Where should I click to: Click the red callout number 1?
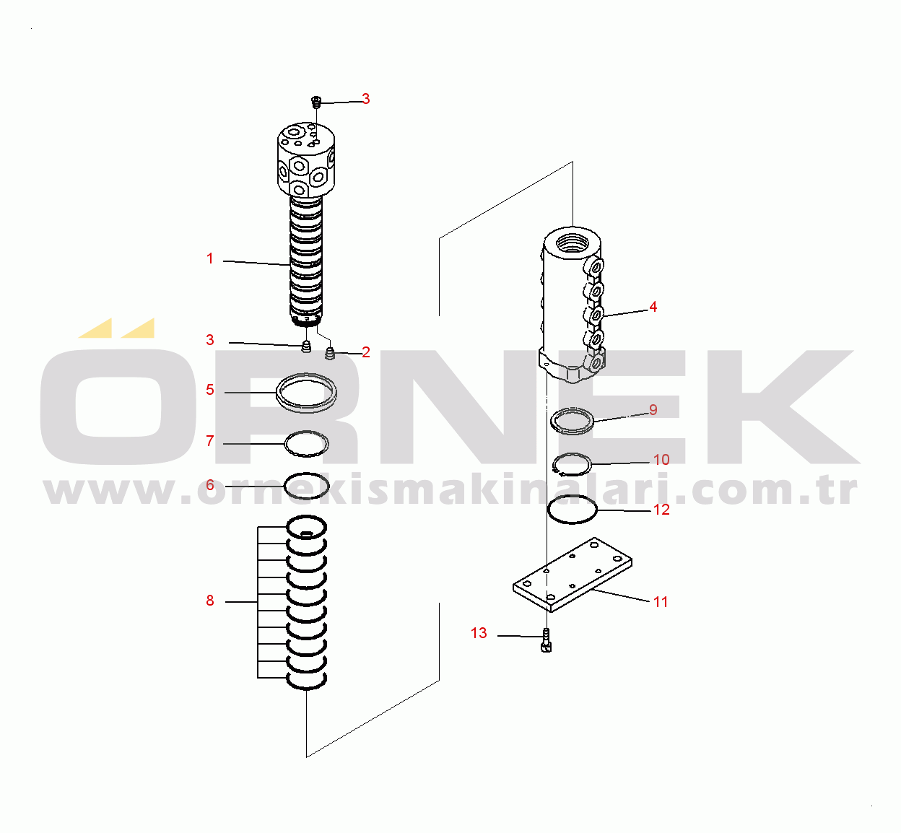tap(209, 258)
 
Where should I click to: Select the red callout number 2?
tap(365, 352)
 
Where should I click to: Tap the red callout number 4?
tap(653, 307)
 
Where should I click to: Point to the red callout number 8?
tap(209, 601)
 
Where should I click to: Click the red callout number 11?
tap(661, 602)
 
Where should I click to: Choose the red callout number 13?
tap(479, 633)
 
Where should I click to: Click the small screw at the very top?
tap(316, 102)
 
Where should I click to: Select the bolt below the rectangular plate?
tap(547, 640)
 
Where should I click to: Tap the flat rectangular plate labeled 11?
tap(573, 575)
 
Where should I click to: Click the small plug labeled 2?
tap(330, 354)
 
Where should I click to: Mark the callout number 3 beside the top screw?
tap(365, 99)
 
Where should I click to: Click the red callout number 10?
tap(661, 460)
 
